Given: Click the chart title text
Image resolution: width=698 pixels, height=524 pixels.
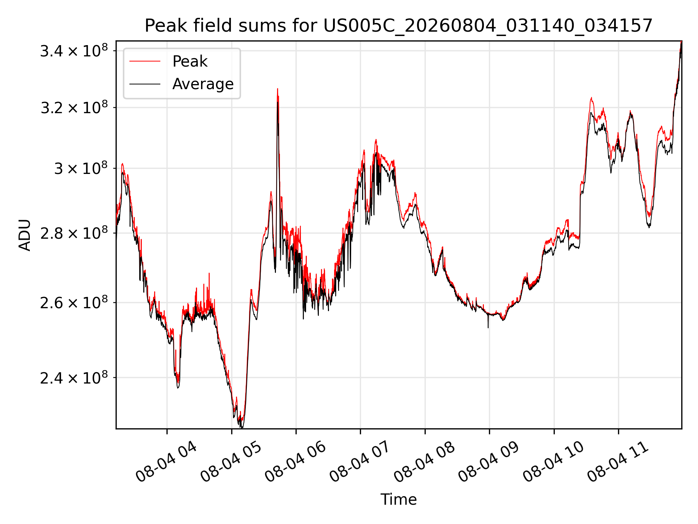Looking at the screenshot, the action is (x=398, y=26).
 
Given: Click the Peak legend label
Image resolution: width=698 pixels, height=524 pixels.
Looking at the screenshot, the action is (x=190, y=61).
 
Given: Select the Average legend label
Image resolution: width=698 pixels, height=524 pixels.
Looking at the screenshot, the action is (x=203, y=84).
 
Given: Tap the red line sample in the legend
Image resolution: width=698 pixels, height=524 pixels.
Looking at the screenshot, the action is (x=145, y=61).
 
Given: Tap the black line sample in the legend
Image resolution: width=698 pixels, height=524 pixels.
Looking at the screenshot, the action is (x=145, y=84).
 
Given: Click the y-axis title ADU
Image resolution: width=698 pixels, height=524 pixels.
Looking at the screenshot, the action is (x=25, y=235).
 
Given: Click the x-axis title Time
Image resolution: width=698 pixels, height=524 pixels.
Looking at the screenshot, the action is (x=398, y=499).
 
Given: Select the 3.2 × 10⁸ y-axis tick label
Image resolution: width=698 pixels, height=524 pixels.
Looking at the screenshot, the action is (x=74, y=107).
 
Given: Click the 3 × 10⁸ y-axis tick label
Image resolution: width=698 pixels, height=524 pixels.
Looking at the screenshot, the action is (x=81, y=168).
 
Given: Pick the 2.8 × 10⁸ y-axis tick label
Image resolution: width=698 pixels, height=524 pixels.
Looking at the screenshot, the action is (x=74, y=233).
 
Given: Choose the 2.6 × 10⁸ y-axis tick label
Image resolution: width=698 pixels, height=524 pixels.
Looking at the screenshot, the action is (x=74, y=302).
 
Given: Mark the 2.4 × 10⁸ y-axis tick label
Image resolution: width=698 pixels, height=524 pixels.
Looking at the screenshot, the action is (x=74, y=378).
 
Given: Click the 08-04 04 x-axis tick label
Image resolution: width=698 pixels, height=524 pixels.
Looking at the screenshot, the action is (x=166, y=462).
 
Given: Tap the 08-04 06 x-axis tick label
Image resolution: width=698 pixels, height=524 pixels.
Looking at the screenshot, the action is (x=295, y=462).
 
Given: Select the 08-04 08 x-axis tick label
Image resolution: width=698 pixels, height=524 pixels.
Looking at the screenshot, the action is (x=424, y=462).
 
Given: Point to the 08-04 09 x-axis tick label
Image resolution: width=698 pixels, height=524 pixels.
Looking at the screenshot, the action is (x=489, y=462).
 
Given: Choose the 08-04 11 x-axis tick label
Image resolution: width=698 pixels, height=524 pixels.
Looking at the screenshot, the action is (x=618, y=462).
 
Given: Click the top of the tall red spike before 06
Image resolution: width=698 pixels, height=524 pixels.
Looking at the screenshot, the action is (x=277, y=88).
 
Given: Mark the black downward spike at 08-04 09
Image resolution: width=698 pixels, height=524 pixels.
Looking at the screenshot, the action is (x=488, y=327).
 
